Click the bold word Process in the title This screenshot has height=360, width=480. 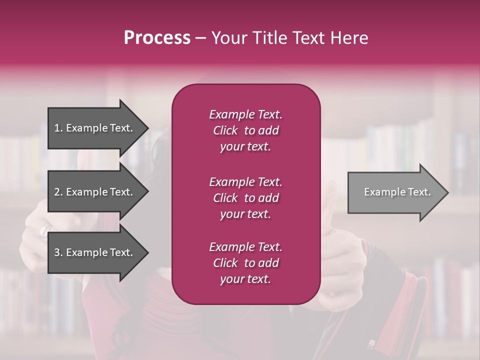click(x=157, y=38)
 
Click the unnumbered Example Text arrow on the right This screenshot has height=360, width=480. click(x=397, y=192)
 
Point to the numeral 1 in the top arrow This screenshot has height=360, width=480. click(x=57, y=128)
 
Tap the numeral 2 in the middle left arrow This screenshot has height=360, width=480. click(x=57, y=192)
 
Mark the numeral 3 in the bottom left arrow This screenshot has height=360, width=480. click(x=57, y=252)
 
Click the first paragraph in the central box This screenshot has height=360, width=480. click(x=245, y=130)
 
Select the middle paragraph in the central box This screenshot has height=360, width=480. click(x=245, y=198)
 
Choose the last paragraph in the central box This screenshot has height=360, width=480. click(x=245, y=263)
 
